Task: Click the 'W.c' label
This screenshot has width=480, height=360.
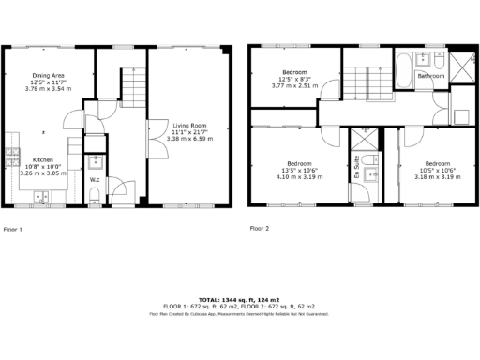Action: coord(95,179)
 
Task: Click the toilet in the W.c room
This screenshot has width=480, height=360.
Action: coord(97,196)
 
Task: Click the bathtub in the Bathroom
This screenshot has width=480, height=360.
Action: coord(399,70)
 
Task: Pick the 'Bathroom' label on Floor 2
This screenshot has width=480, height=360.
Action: coord(431,75)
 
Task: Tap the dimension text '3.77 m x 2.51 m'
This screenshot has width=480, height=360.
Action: coord(295,85)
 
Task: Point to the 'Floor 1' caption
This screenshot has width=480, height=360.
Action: coord(13,228)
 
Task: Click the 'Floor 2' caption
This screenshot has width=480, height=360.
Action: coord(260,228)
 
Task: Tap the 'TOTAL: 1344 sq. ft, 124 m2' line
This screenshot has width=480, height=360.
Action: coord(239,299)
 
